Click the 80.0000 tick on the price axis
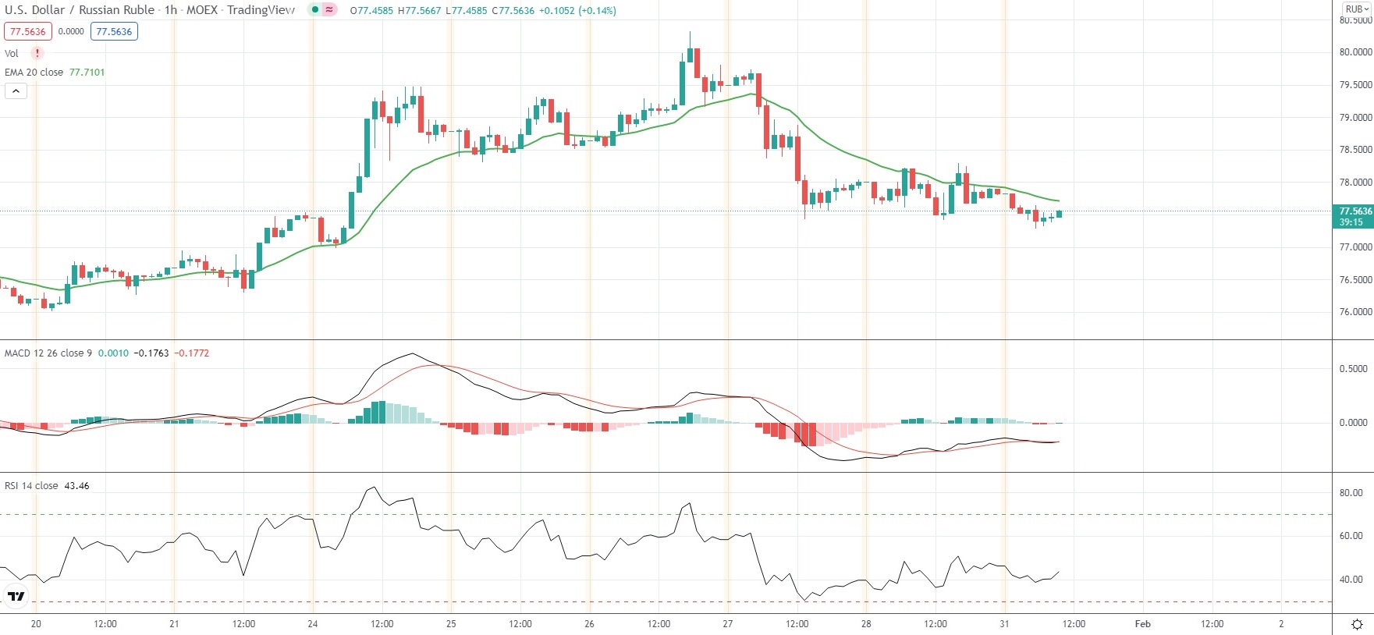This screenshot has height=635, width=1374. pyautogui.click(x=1355, y=52)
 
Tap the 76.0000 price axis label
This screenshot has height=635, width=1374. pyautogui.click(x=1355, y=312)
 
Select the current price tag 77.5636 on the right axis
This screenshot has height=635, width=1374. pyautogui.click(x=1355, y=211)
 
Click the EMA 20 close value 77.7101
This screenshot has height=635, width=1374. pyautogui.click(x=87, y=73)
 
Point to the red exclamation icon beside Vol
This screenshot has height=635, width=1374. pyautogui.click(x=37, y=53)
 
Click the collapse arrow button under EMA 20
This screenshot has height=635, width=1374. pyautogui.click(x=16, y=91)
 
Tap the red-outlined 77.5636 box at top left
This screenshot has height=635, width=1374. pyautogui.click(x=28, y=32)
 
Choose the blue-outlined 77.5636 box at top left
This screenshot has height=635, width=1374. pyautogui.click(x=114, y=32)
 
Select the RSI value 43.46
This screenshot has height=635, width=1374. pyautogui.click(x=76, y=486)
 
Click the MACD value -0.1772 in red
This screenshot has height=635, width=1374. pyautogui.click(x=191, y=353)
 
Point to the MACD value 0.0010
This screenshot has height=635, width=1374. pyautogui.click(x=113, y=353)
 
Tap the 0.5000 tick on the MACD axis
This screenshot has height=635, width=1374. pyautogui.click(x=1353, y=369)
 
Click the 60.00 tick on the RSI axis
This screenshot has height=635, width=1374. pyautogui.click(x=1351, y=536)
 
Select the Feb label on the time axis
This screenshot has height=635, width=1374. pyautogui.click(x=1142, y=624)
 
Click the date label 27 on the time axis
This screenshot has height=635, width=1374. pyautogui.click(x=727, y=624)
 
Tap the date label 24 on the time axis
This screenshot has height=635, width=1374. pyautogui.click(x=312, y=624)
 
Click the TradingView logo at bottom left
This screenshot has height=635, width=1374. pyautogui.click(x=16, y=597)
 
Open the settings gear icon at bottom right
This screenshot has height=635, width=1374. pyautogui.click(x=1357, y=624)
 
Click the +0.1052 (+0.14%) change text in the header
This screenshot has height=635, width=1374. pyautogui.click(x=577, y=11)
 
